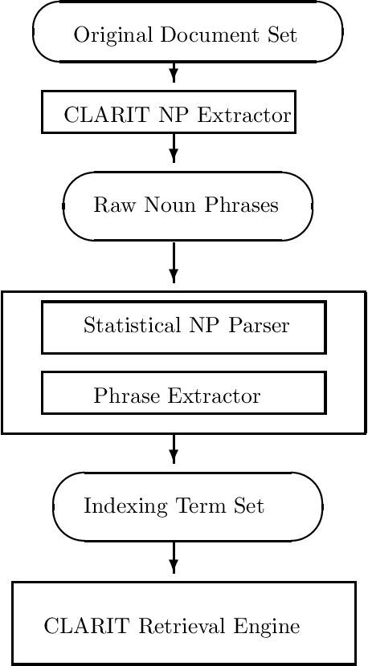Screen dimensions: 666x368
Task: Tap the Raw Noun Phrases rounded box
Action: click(x=187, y=205)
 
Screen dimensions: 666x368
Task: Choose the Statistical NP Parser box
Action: click(x=183, y=327)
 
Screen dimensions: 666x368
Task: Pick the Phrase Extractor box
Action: click(x=183, y=393)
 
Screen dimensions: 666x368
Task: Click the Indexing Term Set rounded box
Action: click(x=187, y=506)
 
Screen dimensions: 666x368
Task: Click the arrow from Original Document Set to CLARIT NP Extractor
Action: click(x=174, y=75)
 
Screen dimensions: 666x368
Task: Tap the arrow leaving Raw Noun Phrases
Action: click(x=174, y=264)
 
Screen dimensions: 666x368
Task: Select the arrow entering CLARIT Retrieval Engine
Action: click(x=174, y=560)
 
